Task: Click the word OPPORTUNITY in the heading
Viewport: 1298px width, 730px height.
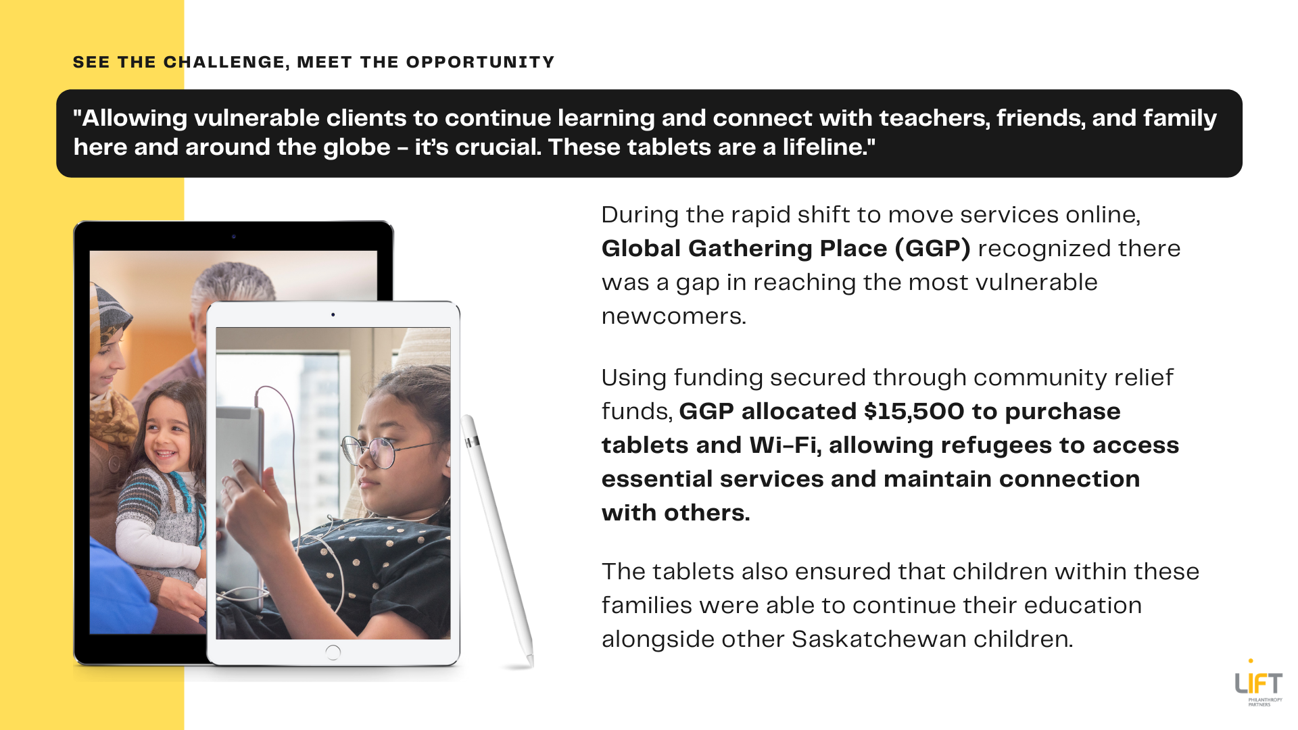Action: coord(480,62)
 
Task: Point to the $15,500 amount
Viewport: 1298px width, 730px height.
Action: coord(914,412)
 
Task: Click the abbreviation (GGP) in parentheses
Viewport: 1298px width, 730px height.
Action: coord(933,249)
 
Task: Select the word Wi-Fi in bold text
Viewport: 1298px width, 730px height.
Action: coord(786,445)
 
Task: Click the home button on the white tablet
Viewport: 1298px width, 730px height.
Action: coord(333,652)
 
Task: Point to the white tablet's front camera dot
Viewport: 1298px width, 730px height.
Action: coord(333,315)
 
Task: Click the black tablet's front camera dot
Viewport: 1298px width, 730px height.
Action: coord(234,237)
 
